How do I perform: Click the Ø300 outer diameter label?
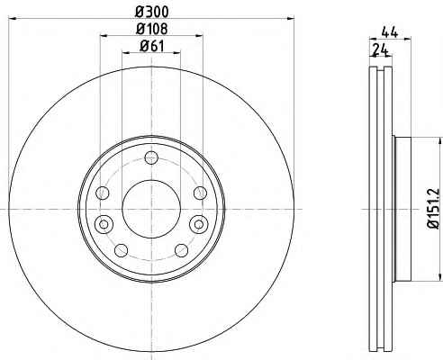click(x=152, y=12)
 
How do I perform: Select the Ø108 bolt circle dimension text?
click(x=152, y=29)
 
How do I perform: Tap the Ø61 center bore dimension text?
click(x=152, y=46)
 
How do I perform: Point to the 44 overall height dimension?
click(x=390, y=32)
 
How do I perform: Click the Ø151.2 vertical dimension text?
click(x=434, y=209)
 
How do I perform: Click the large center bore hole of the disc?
click(x=151, y=209)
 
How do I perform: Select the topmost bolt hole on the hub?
click(x=151, y=157)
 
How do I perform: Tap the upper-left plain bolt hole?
click(x=103, y=193)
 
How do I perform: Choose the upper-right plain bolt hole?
click(x=200, y=193)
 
